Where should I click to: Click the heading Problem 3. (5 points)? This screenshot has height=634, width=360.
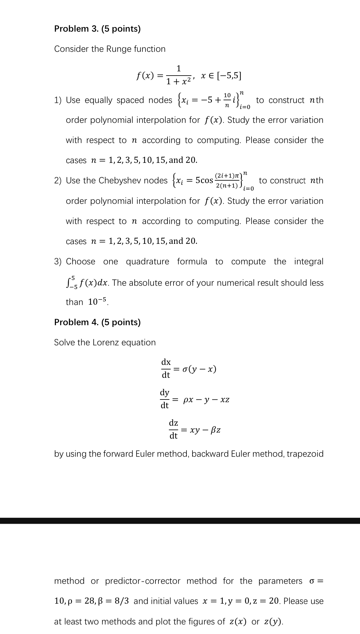coord(97,29)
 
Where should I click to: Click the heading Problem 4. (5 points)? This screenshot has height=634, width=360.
coord(97,322)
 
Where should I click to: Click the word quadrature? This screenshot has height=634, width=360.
coord(147,261)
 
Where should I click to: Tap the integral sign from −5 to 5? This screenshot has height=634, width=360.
coord(70,283)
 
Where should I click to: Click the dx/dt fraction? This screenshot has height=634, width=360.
coord(166,368)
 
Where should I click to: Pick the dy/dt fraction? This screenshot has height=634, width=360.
coord(164,399)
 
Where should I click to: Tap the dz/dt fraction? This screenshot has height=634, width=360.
coord(173,429)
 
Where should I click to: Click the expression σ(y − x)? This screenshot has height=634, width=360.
coord(199,369)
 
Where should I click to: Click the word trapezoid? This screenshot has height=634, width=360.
coord(305,454)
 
